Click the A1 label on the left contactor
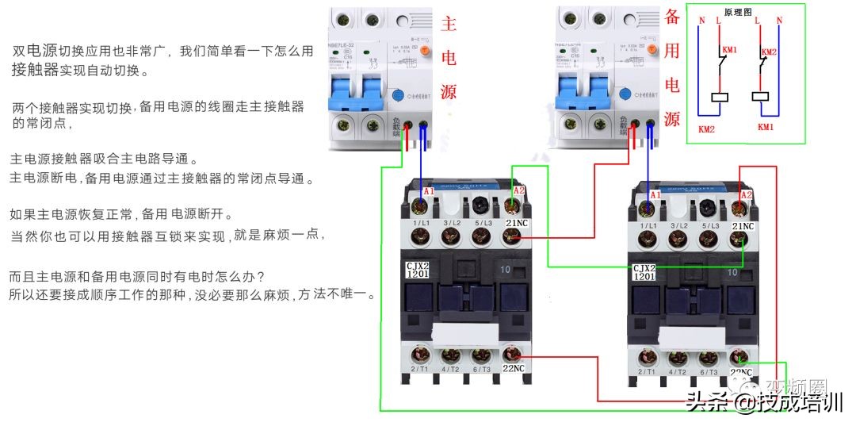(428, 192)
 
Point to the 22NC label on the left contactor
(513, 368)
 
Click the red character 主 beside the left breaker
(449, 23)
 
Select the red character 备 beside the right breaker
(672, 17)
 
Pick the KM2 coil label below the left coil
(706, 128)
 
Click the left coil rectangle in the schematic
(720, 98)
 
